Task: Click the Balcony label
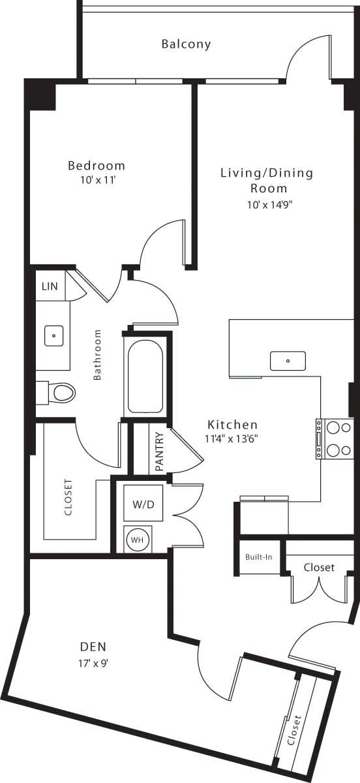(187, 44)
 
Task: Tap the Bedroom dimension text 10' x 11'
(97, 180)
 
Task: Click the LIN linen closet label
(50, 286)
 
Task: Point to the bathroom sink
(53, 336)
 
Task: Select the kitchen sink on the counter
(288, 360)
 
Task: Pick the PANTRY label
(160, 451)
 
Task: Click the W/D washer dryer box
(143, 504)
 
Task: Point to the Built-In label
(258, 558)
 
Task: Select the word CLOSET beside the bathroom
(68, 498)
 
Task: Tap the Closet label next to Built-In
(319, 568)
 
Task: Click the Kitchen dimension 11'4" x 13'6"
(232, 438)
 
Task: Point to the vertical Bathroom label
(98, 354)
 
